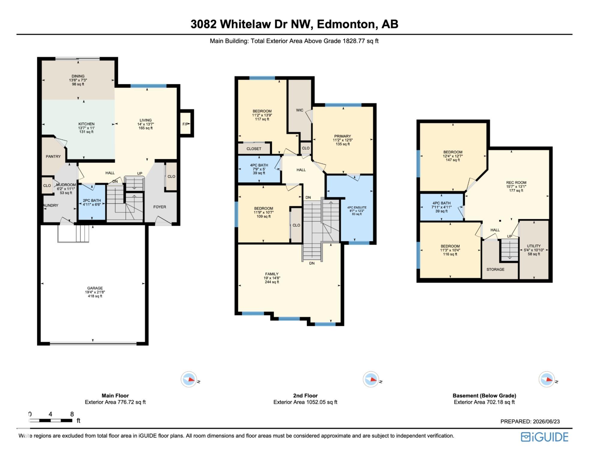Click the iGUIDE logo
click(544, 437)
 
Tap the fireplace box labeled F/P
click(186, 124)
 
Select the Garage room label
click(95, 288)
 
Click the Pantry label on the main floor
click(53, 157)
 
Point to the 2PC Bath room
click(92, 202)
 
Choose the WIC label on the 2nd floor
click(300, 110)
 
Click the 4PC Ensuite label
click(357, 208)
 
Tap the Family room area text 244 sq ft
click(272, 282)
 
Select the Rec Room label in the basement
click(516, 182)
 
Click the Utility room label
click(534, 246)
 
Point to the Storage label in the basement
click(495, 269)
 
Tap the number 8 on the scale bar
click(72, 414)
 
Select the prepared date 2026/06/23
click(546, 421)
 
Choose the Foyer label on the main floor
click(160, 207)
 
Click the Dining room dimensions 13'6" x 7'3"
click(78, 80)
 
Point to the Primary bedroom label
click(342, 136)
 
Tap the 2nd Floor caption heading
click(305, 396)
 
